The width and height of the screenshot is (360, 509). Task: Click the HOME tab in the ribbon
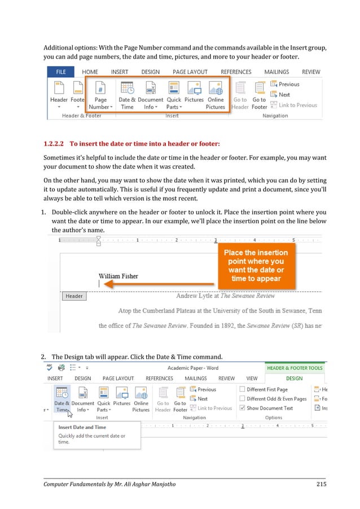click(x=90, y=72)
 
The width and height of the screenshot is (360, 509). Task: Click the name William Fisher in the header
click(x=118, y=276)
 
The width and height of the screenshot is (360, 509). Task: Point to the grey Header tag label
click(x=74, y=296)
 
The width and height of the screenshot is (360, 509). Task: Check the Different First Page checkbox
click(x=242, y=389)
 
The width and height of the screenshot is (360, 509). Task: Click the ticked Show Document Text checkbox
click(x=242, y=408)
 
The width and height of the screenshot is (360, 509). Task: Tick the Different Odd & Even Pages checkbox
click(x=242, y=399)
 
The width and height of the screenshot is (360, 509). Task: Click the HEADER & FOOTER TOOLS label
click(x=294, y=368)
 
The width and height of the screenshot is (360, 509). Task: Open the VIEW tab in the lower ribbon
click(x=252, y=379)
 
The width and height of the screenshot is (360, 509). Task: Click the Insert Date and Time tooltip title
click(x=82, y=427)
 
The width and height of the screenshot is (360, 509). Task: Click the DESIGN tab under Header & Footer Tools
click(x=294, y=379)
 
